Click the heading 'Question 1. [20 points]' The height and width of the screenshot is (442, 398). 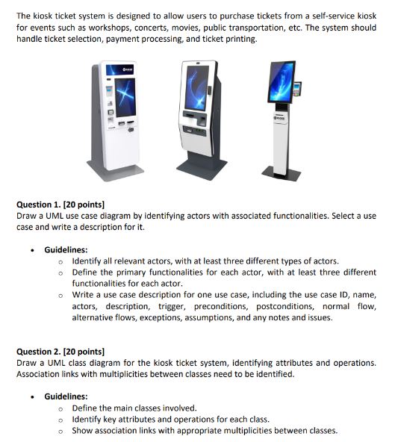coord(60,204)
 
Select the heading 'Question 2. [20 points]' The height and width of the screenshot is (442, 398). coord(60,352)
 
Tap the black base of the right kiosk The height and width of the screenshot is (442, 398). coord(282,173)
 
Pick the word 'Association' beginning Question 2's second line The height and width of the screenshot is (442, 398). coord(40,374)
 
